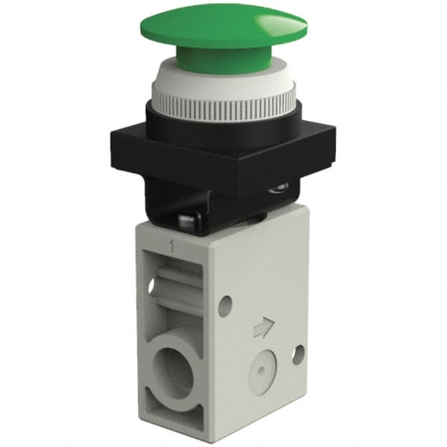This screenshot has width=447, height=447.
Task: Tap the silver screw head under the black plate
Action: (x=188, y=221)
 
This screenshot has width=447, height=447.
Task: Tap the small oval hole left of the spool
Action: (x=153, y=285)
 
